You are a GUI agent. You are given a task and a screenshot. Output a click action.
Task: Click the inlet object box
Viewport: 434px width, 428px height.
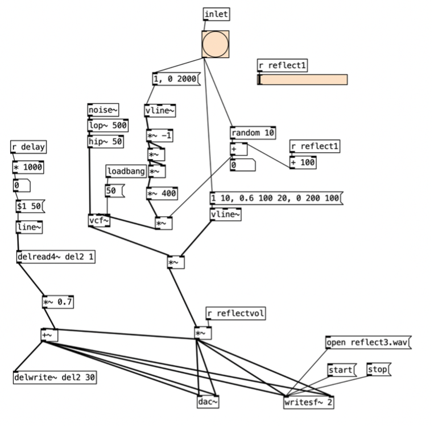(x=217, y=14)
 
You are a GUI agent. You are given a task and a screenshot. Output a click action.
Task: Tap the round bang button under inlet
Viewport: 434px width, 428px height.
(x=216, y=44)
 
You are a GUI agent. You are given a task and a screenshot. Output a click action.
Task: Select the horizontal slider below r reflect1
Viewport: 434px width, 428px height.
(x=302, y=79)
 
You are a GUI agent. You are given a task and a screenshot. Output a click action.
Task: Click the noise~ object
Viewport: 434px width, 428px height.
(x=103, y=110)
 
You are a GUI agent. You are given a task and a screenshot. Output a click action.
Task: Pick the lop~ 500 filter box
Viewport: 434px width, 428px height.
(x=108, y=125)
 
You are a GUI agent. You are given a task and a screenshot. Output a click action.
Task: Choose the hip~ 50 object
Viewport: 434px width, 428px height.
(x=105, y=141)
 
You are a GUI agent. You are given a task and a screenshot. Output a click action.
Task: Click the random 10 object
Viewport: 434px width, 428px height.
(x=253, y=133)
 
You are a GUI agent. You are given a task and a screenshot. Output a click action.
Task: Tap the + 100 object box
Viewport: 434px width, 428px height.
(x=303, y=162)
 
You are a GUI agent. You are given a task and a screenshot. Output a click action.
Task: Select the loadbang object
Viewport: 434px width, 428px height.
(x=126, y=171)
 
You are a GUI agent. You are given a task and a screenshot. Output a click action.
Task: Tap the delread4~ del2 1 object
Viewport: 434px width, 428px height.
(x=56, y=257)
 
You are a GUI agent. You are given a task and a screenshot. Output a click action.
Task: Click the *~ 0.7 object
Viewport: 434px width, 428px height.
(x=58, y=302)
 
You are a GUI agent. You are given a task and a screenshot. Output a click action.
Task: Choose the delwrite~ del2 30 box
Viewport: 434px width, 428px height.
(x=54, y=377)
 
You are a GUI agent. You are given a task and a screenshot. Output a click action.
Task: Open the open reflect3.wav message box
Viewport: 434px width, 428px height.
(x=368, y=342)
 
